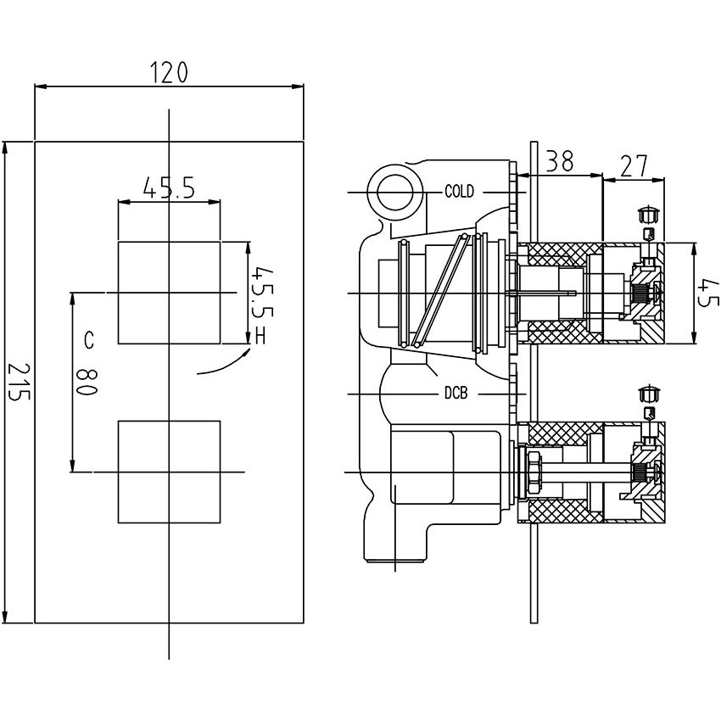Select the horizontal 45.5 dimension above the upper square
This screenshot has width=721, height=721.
pyautogui.click(x=169, y=187)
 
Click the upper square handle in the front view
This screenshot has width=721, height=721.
pyautogui.click(x=170, y=293)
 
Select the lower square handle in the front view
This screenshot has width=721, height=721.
pyautogui.click(x=170, y=471)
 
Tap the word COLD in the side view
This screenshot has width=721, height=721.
pyautogui.click(x=459, y=192)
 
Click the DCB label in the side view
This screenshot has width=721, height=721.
pyautogui.click(x=456, y=394)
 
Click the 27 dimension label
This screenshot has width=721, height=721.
pyautogui.click(x=632, y=166)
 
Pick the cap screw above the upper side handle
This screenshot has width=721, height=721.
pyautogui.click(x=649, y=211)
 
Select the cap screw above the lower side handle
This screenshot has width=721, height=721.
pyautogui.click(x=649, y=393)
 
